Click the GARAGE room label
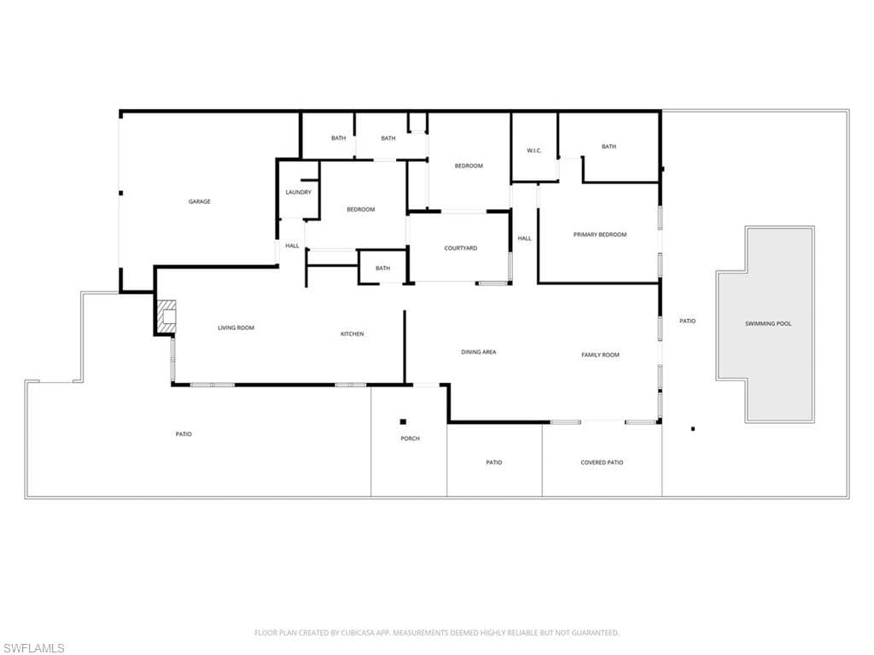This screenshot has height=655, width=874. point(199,201)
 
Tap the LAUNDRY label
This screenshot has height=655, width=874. point(298,192)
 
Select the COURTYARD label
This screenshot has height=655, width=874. point(460,248)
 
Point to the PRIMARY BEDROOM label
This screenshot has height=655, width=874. point(600,235)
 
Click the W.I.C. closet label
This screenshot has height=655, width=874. point(534,150)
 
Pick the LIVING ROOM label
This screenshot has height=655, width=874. point(236,327)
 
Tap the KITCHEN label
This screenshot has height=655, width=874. point(353,333)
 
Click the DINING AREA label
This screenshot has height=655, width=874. point(478,352)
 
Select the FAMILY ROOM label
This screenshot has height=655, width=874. point(600,355)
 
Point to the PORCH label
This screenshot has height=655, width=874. point(410,438)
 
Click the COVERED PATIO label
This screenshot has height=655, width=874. point(602,462)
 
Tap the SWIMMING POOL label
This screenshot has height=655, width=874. point(768,323)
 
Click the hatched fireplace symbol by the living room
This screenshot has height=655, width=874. point(166,317)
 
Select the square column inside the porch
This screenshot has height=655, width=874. point(403,421)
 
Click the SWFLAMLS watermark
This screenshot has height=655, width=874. point(32,648)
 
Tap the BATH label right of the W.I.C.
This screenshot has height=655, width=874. point(609,147)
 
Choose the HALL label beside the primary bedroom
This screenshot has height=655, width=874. point(525,239)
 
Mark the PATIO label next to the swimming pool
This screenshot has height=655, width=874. point(687,321)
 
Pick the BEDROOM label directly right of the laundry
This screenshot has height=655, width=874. point(361,210)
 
